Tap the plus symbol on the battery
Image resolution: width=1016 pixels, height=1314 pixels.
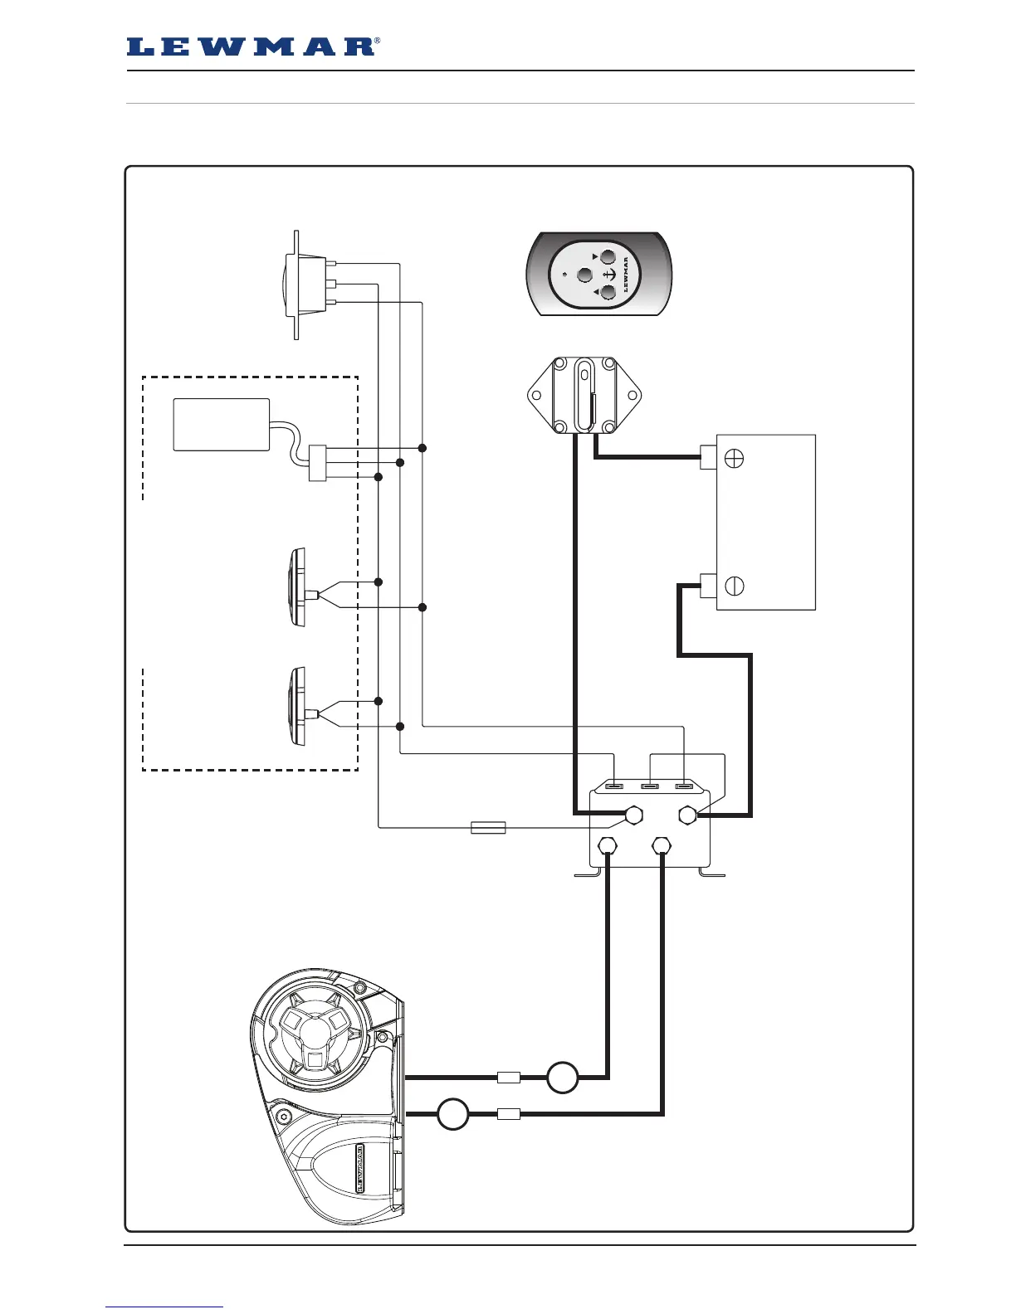734,457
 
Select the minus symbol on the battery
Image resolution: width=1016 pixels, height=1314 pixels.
734,586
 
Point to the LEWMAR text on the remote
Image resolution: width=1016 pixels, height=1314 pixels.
625,275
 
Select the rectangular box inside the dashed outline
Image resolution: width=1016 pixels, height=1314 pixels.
221,425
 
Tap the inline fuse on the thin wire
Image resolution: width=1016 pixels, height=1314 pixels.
488,827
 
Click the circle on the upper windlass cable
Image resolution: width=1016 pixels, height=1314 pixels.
562,1077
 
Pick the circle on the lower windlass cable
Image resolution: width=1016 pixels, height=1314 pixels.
453,1114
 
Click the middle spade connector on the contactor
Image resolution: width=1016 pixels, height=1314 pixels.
649,786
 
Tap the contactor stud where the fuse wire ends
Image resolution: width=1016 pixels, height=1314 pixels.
633,815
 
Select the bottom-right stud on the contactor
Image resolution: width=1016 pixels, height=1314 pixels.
662,846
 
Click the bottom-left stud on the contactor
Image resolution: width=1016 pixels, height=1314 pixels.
607,846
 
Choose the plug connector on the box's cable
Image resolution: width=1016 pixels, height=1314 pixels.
315,463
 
